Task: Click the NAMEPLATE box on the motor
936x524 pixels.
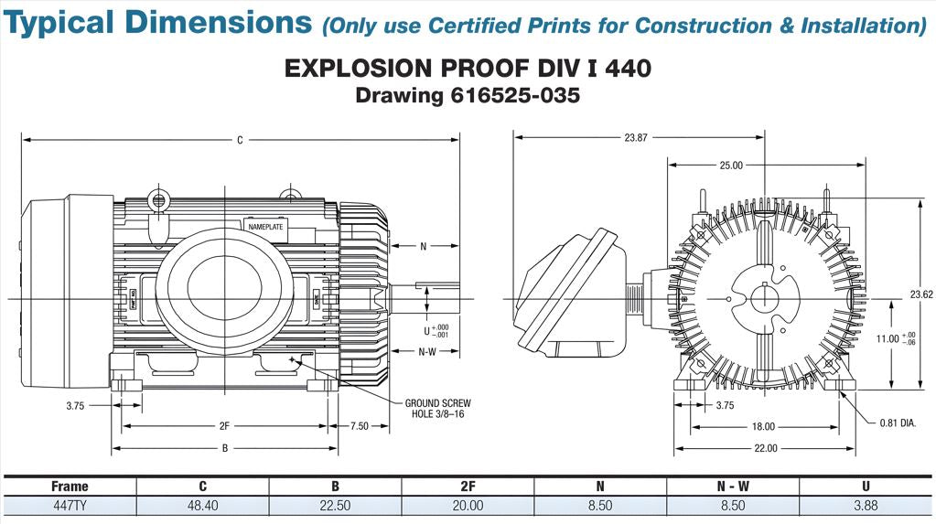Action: coord(266,226)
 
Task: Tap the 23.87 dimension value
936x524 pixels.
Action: coord(636,138)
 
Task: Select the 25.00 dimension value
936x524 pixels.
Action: coord(731,166)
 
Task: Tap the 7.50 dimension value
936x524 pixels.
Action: coord(360,426)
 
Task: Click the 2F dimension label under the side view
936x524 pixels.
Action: coord(223,426)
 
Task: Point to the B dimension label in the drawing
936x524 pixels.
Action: coord(224,448)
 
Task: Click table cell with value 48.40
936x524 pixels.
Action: coord(202,506)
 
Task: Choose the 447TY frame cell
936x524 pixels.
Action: coord(70,506)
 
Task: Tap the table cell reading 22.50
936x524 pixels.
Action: coord(335,506)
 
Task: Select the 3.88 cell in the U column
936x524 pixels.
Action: coord(865,506)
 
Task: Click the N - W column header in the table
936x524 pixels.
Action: coord(732,487)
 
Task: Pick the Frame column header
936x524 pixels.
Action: coord(70,487)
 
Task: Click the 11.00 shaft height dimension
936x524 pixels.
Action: coord(888,338)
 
